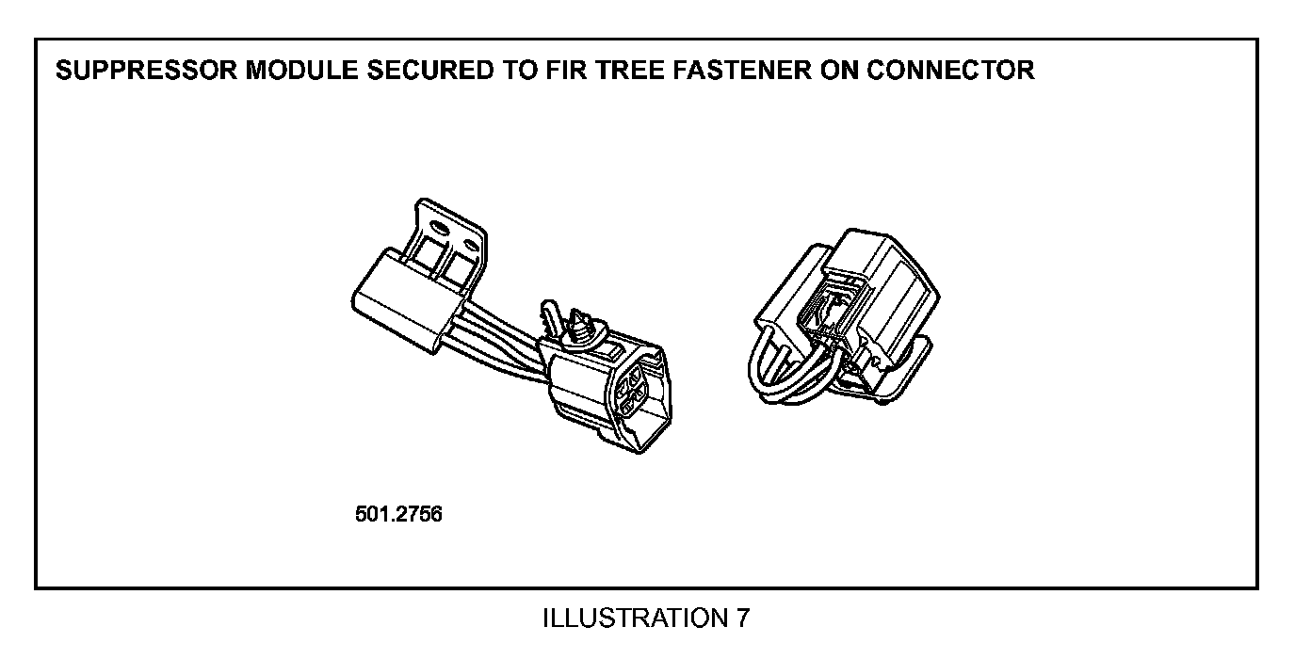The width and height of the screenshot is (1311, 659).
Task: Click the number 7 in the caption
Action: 744,619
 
